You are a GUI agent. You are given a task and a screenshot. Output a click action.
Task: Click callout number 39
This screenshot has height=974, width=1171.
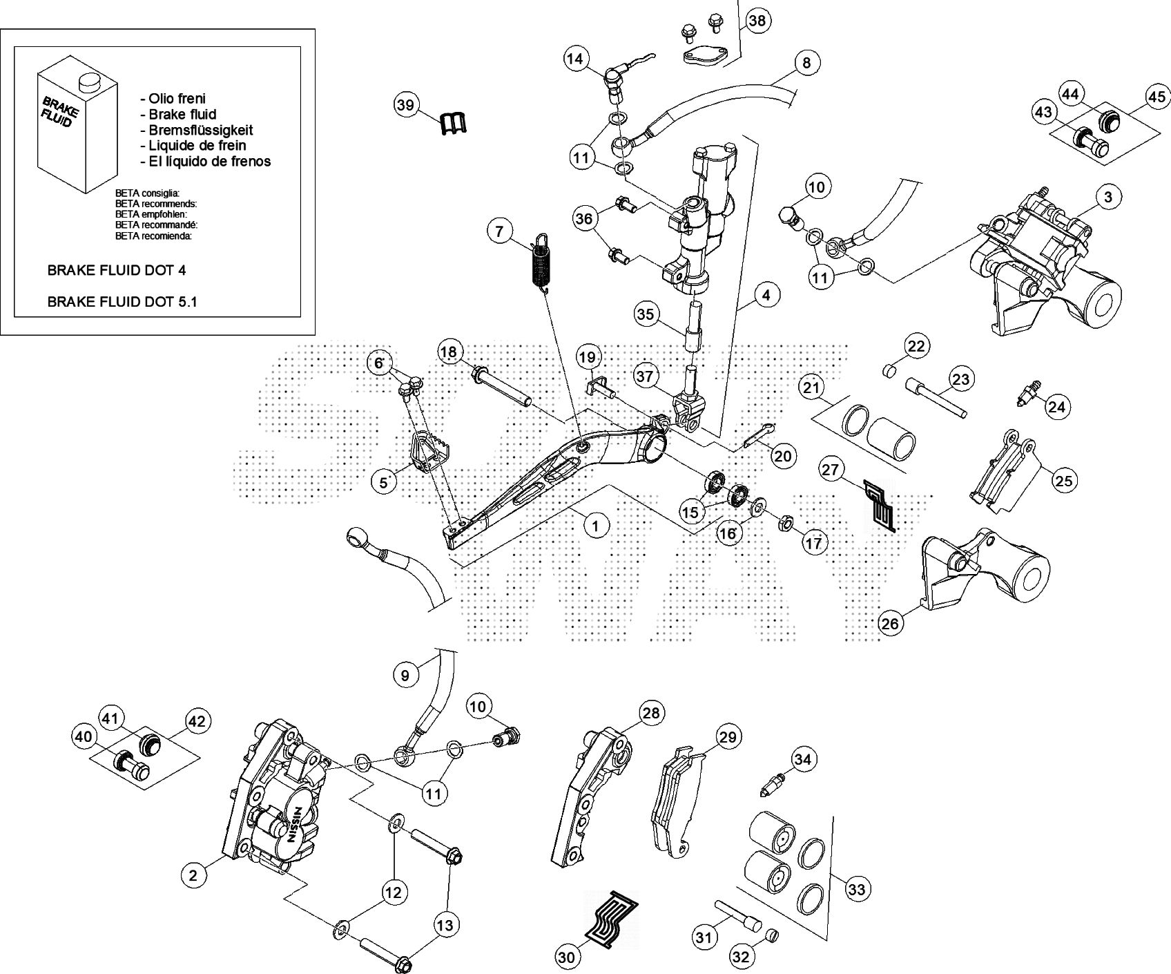(x=407, y=105)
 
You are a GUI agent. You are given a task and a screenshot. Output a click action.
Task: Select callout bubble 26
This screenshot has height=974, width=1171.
(x=891, y=624)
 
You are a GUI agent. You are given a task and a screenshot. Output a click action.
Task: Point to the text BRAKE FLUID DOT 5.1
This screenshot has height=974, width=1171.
(x=122, y=302)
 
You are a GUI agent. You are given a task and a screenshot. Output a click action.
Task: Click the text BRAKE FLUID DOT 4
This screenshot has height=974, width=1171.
(x=116, y=271)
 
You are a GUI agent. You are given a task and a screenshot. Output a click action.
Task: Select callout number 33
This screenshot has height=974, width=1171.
(x=856, y=889)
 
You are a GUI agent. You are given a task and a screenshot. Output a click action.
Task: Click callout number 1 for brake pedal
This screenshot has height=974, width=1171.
(x=596, y=526)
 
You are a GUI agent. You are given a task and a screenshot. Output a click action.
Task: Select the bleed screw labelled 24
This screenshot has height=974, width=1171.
(x=1030, y=396)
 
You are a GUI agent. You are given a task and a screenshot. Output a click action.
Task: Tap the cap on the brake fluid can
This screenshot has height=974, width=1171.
(x=88, y=82)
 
